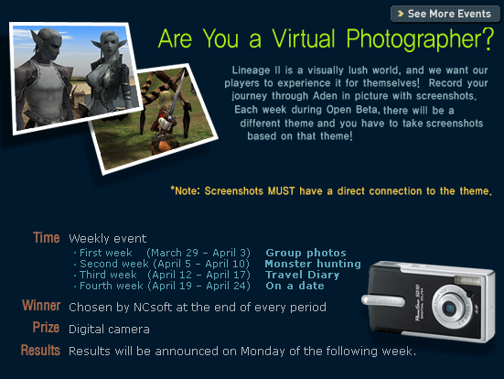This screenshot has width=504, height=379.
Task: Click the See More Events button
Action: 445,14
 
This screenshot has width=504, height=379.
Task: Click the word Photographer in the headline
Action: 420,39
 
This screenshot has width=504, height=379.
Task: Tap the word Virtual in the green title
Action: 304,38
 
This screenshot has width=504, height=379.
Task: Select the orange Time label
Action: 47,238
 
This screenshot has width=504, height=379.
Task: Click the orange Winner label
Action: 41,306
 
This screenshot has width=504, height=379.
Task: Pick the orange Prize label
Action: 46,328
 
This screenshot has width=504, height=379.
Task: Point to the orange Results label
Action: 40,350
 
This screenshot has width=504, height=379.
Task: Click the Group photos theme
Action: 306,253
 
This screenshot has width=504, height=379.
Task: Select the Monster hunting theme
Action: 313,264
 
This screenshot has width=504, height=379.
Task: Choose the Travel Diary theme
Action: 303,275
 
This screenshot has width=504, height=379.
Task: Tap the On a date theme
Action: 295,286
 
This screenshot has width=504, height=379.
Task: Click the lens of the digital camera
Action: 449,309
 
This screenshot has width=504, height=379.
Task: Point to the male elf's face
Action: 51,46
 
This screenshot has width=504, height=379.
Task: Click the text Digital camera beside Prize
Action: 109,330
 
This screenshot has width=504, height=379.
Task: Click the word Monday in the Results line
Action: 263,352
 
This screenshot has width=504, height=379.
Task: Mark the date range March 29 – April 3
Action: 198,253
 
